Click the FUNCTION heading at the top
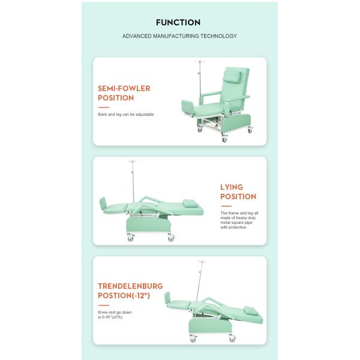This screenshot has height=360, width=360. pyautogui.click(x=178, y=23)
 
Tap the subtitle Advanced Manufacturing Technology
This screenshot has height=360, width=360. pyautogui.click(x=179, y=36)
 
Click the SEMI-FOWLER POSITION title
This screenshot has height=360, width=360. pyautogui.click(x=124, y=93)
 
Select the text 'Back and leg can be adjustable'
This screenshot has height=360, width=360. pyautogui.click(x=126, y=114)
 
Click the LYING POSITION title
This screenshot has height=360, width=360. pyautogui.click(x=238, y=192)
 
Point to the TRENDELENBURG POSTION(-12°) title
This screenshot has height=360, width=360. pyautogui.click(x=130, y=291)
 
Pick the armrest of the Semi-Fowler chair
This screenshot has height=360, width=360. pyautogui.click(x=211, y=94)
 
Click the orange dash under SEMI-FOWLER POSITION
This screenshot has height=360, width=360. pyautogui.click(x=103, y=107)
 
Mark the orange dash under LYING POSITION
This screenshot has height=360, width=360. pyautogui.click(x=226, y=206)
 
